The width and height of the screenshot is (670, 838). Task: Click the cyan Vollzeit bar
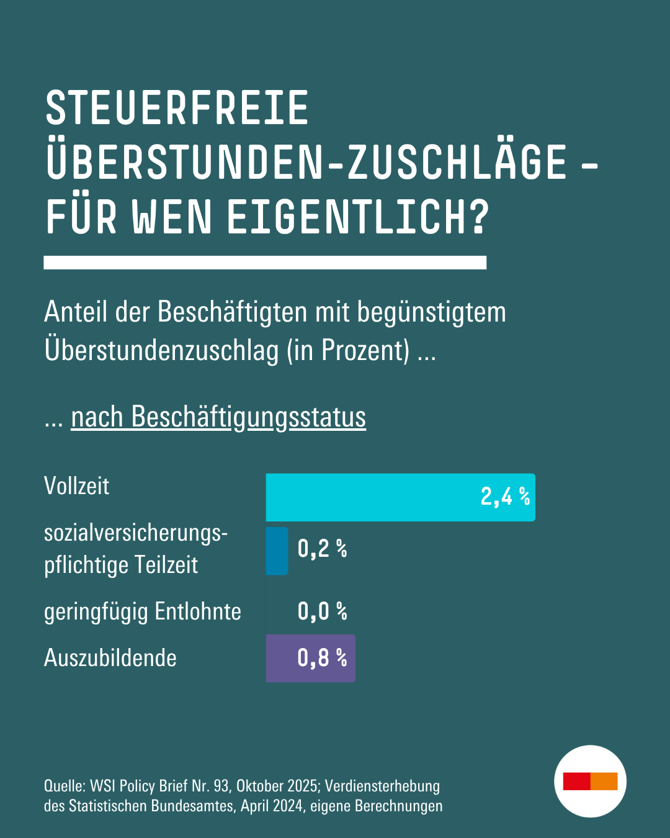pos(372,497)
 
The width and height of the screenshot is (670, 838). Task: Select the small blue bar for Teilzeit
pos(277,551)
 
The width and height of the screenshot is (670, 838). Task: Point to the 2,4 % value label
pos(505,497)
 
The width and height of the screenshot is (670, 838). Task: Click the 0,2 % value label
pos(322,549)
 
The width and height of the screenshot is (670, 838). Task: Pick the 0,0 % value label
pos(322,611)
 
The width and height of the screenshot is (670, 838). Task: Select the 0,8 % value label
pos(322,658)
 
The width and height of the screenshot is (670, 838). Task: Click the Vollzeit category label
pos(76,486)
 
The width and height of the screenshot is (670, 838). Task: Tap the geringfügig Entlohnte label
pos(142,611)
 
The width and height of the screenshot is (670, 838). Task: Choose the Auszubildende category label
pos(110,658)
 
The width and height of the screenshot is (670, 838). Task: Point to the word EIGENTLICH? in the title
pos(358,218)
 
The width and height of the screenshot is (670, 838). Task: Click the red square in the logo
pos(576,782)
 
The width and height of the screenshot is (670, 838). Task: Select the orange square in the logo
pos(604,782)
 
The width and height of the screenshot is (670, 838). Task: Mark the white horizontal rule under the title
pos(265,263)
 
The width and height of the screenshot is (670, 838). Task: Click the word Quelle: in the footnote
pos(65,786)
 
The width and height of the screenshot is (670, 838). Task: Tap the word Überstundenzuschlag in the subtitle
pos(161,351)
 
